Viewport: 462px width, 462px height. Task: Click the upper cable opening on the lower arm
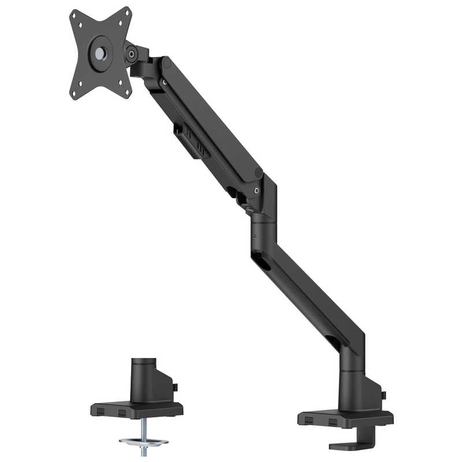pos(261,262)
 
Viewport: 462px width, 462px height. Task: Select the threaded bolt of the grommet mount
pos(143,430)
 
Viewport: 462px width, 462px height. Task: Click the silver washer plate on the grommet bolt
pos(143,442)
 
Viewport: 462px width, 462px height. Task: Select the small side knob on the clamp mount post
pos(383,395)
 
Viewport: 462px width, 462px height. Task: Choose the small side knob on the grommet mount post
pos(176,387)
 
